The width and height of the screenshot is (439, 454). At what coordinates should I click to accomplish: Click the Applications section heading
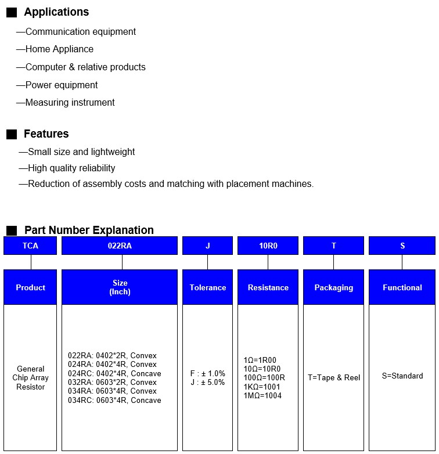56,12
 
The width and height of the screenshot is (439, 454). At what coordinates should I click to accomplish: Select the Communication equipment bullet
80,31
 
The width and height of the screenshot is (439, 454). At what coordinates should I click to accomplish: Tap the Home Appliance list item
59,49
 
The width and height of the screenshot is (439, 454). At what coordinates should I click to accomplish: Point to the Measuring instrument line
70,103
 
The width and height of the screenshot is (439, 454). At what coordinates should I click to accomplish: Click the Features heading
46,134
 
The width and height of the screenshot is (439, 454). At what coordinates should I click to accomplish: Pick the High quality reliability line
71,168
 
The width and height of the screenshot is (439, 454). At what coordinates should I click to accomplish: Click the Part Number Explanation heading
89,230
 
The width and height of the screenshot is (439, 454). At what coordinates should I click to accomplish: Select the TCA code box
30,246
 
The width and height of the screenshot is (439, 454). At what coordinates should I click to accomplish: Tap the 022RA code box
120,246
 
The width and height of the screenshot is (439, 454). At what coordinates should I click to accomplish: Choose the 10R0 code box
268,246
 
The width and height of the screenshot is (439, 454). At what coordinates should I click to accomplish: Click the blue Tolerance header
208,287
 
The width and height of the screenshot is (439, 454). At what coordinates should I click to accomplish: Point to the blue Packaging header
334,287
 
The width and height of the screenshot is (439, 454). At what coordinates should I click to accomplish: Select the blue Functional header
402,287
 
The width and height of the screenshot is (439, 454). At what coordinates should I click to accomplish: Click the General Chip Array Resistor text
31,378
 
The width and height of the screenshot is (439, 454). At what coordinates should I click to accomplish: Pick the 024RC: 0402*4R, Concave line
114,373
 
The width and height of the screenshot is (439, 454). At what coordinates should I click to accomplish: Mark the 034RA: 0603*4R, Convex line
112,391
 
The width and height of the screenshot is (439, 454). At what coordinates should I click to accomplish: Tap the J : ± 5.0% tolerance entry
207,383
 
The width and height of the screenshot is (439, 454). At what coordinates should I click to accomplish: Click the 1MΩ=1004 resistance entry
262,395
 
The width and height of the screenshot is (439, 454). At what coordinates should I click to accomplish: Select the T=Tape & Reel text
334,377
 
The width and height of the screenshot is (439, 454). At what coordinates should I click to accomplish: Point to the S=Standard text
402,376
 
